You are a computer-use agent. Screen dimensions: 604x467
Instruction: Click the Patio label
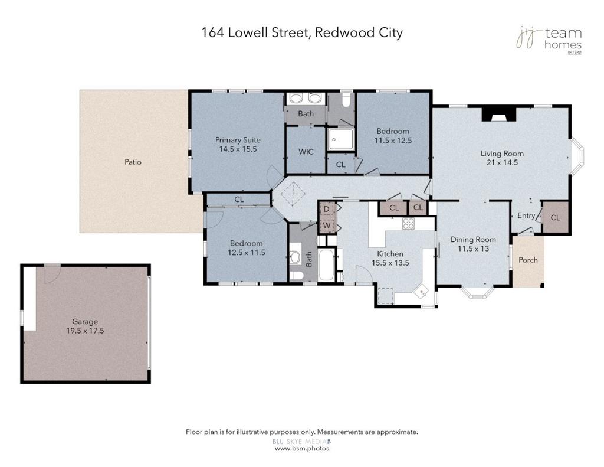point(133,162)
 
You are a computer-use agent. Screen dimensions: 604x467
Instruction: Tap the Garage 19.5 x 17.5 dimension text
point(85,331)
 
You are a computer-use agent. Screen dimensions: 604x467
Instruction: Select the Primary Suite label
point(238,140)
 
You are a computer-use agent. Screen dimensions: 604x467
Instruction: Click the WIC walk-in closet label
point(306,152)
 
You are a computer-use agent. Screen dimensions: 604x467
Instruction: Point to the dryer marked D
point(327,209)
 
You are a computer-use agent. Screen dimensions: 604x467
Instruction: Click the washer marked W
point(327,225)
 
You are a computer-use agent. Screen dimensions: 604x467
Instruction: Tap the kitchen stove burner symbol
point(408,223)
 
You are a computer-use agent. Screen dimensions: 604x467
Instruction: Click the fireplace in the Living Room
point(500,114)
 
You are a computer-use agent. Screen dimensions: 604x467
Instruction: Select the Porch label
point(528,260)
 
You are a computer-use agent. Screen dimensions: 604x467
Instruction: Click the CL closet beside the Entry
point(556,217)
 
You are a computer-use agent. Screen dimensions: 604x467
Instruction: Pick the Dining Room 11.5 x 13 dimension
point(474,249)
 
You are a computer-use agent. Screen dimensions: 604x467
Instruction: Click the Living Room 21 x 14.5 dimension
point(503,162)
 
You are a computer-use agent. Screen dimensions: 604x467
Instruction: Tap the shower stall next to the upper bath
point(340,139)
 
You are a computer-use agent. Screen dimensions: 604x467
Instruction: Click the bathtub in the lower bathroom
point(327,265)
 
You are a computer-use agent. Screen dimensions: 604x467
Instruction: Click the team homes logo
point(549,40)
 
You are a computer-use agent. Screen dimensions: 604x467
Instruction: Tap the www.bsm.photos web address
point(302,449)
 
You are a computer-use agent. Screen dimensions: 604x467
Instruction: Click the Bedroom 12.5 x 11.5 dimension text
point(247,253)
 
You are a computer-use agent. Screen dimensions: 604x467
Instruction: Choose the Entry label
point(526,215)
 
